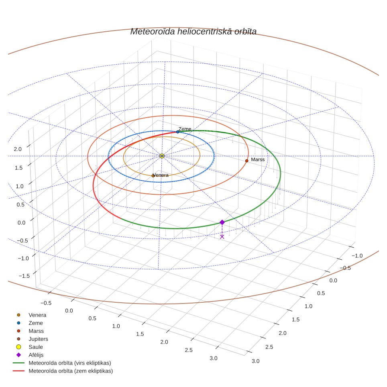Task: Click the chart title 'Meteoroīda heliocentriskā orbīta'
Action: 193,32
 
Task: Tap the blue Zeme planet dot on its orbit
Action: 178,132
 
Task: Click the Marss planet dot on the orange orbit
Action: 247,161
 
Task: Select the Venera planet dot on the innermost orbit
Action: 153,176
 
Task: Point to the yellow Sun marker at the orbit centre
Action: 162,156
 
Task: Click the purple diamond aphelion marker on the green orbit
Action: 222,222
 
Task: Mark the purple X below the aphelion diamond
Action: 222,237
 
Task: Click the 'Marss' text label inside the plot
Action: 258,160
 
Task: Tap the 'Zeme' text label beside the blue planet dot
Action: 185,129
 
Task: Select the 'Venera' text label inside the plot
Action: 161,175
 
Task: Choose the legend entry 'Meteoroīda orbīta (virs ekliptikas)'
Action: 62,363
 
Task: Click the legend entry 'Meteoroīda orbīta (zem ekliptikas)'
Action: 63,371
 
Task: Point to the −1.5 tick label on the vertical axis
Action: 24,276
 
